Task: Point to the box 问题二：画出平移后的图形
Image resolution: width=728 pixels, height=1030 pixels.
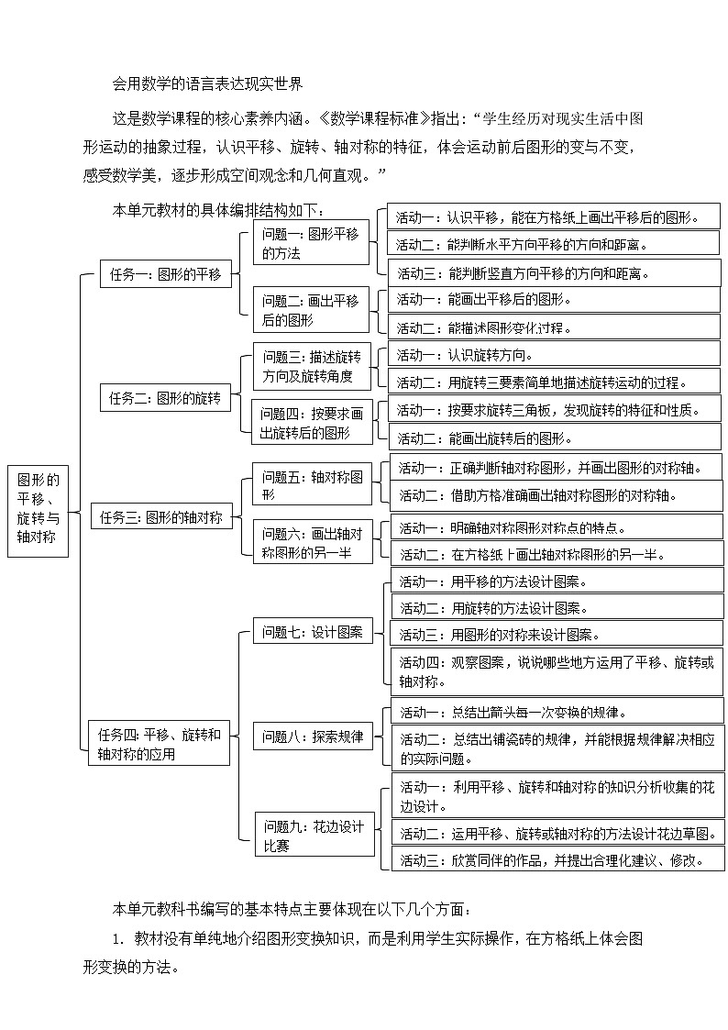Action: point(311,309)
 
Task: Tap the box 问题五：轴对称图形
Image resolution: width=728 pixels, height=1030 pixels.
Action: point(313,485)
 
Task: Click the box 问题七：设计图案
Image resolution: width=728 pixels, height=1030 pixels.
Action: point(313,631)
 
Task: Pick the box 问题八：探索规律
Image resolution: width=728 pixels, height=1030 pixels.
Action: point(313,736)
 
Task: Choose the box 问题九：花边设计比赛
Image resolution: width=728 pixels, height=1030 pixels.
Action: point(314,835)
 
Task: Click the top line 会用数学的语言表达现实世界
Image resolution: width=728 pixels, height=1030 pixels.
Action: point(207,83)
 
